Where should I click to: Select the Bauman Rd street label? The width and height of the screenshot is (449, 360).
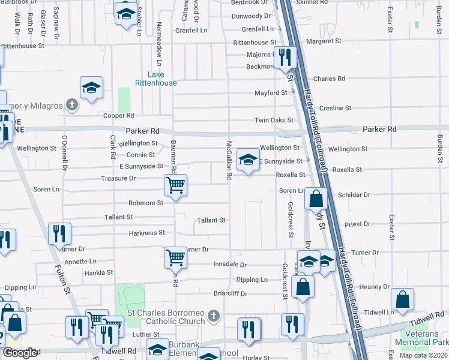[173, 156]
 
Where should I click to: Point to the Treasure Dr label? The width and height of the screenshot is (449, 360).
[119, 178]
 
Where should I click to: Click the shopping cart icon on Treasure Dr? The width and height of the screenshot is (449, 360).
[175, 185]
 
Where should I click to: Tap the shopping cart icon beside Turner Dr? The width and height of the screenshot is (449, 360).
[175, 258]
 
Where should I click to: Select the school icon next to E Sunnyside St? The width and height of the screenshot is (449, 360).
[247, 160]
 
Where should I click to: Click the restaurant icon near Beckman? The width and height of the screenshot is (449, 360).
[285, 58]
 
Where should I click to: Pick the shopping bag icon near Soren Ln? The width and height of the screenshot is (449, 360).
[316, 198]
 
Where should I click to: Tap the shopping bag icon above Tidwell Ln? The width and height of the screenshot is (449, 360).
[402, 299]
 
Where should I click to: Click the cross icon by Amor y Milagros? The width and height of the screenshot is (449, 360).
[71, 106]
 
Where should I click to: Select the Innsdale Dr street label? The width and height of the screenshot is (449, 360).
[230, 265]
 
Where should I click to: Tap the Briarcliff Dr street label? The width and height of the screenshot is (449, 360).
[231, 294]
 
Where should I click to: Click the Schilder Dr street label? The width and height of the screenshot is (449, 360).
[354, 195]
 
